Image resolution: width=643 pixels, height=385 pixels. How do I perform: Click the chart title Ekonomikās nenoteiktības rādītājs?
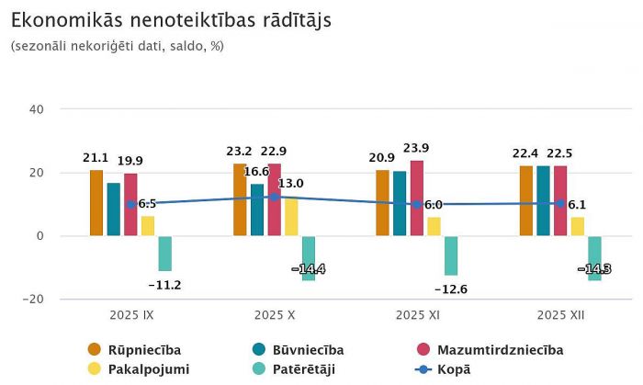pos(171,19)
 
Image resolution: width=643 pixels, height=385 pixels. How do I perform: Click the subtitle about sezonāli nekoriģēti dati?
pos(118,45)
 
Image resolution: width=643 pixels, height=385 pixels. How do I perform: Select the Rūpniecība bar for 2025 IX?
pos(96,203)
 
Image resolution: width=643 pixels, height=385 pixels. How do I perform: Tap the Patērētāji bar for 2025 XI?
pos(451,255)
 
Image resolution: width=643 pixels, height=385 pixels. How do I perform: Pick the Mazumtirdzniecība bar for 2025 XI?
pos(417,198)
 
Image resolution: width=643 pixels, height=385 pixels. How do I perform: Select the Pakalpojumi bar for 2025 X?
pos(291,216)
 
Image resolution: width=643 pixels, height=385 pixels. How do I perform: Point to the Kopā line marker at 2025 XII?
pos(560,203)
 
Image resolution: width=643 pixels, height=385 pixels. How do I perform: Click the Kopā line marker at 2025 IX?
pos(131,204)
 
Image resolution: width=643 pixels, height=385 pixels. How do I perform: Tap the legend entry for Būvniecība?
pos(293,350)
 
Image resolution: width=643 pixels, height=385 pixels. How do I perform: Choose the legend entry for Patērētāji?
pos(293,368)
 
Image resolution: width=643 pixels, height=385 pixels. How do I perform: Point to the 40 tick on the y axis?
pos(37,109)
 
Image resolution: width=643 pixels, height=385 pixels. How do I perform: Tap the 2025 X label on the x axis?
pos(274,315)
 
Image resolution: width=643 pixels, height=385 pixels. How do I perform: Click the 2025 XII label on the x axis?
pos(560,315)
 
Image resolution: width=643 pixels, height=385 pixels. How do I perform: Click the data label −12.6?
pos(450,289)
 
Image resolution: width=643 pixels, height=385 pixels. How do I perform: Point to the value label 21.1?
pos(96,158)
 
